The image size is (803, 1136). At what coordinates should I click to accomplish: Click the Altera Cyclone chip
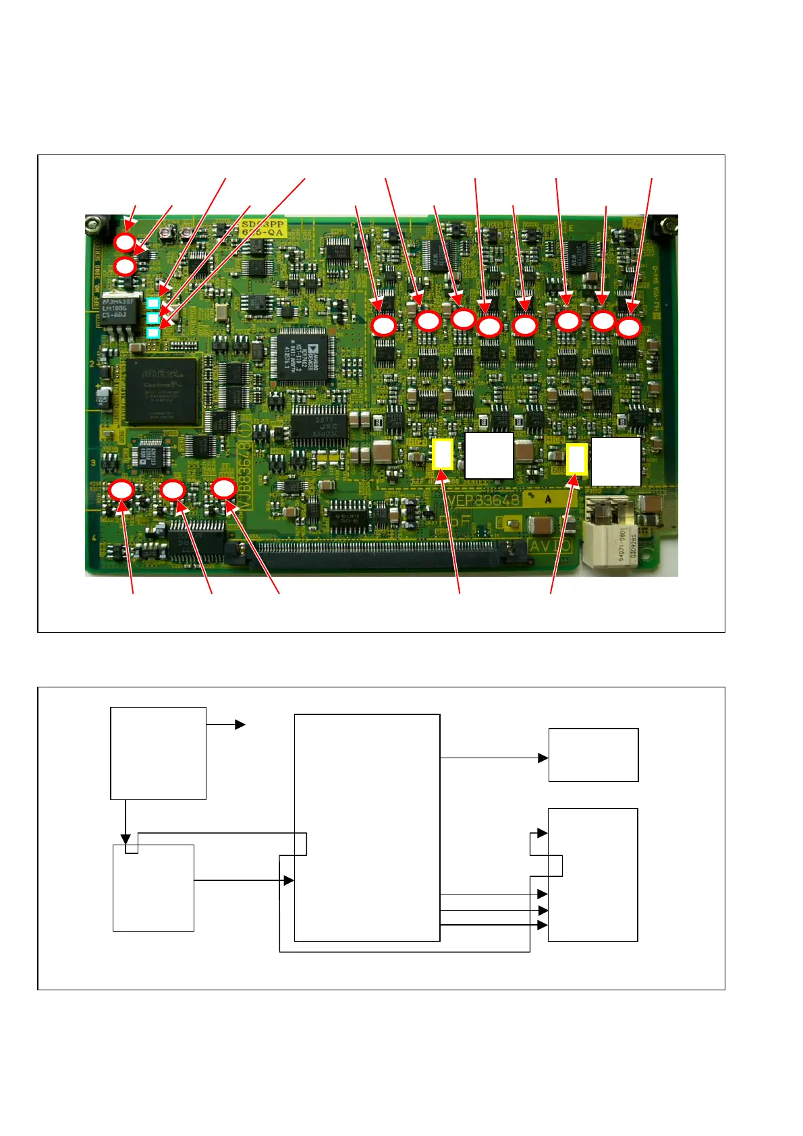click(x=162, y=391)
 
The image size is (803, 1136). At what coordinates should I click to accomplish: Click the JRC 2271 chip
click(x=319, y=426)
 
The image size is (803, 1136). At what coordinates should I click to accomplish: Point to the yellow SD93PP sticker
click(x=264, y=228)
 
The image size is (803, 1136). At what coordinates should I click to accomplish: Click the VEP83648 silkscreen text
click(x=483, y=501)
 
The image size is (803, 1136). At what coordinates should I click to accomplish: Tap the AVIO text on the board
click(x=550, y=546)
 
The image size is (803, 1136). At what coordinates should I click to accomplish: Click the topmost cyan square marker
click(x=153, y=303)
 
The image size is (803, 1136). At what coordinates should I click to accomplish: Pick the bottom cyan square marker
click(x=153, y=332)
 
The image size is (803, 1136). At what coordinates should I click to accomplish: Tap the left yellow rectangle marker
click(x=442, y=454)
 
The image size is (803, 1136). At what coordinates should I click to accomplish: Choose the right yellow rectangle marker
click(x=577, y=459)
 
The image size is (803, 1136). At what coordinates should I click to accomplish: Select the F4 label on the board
click(x=634, y=223)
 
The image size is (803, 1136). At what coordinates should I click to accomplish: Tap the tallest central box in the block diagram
click(x=367, y=827)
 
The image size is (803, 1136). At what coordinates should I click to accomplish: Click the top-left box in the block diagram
click(x=158, y=753)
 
